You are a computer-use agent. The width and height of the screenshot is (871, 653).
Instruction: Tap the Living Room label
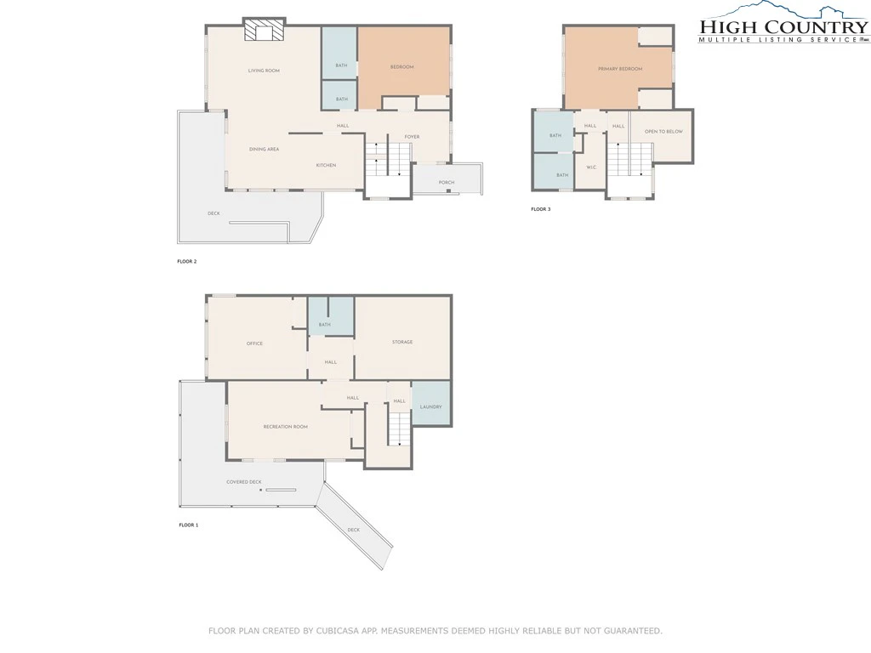pos(264,71)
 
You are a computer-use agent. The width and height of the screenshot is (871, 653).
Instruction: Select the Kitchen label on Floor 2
pos(326,165)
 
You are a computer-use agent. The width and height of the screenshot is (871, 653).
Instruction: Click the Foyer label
pos(412,137)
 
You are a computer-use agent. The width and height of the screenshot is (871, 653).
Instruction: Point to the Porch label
pos(447,182)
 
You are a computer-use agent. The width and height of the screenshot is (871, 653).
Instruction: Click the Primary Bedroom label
pos(620,69)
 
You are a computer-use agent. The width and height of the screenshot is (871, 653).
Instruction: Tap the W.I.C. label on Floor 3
pos(591,168)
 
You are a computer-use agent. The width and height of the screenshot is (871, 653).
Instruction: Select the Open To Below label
pos(663,132)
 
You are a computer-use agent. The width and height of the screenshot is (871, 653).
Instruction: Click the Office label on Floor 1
pos(254,344)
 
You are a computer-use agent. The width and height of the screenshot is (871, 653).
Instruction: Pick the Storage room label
pos(402,342)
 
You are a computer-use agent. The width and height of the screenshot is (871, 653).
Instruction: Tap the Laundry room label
pos(430,407)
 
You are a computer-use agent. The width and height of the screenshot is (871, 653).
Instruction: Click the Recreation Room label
pos(286,427)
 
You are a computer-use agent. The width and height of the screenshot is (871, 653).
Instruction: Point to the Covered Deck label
pos(244,482)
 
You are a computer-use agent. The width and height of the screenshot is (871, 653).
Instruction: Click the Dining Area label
pos(264,149)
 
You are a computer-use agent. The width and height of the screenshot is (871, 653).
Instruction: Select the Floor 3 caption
pos(540,209)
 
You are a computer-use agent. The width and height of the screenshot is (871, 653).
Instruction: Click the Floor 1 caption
pos(188,525)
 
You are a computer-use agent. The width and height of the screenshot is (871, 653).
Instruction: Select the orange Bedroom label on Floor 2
pos(402,66)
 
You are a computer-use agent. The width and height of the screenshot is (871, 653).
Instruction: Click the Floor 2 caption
pos(187,262)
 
